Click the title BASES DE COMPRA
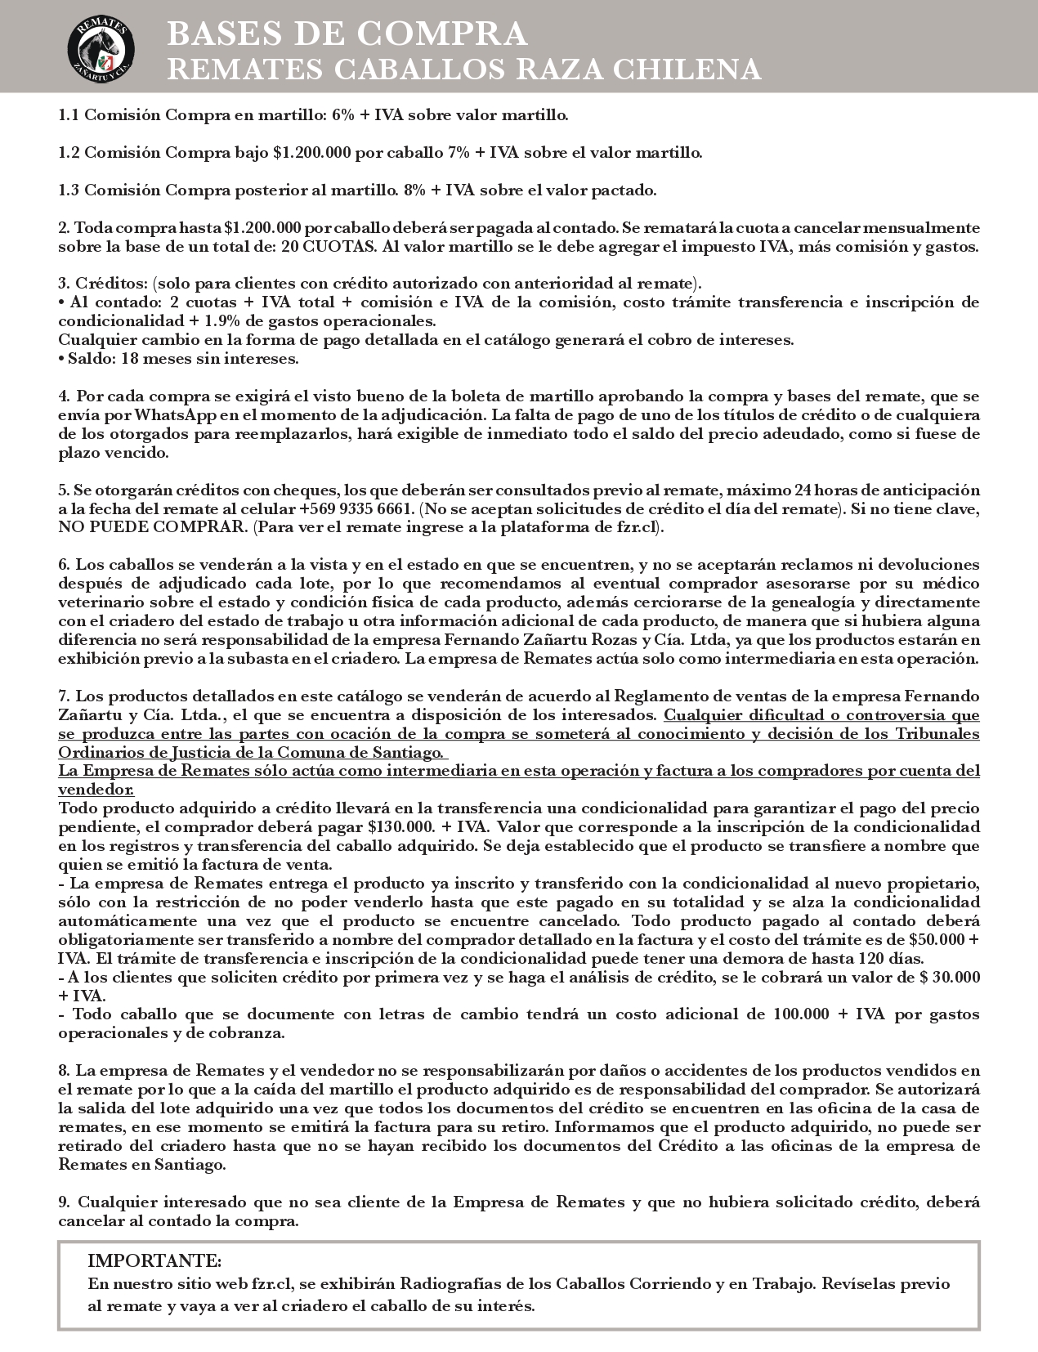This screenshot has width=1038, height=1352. tap(347, 34)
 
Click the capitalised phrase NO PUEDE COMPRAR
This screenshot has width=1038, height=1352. tap(152, 528)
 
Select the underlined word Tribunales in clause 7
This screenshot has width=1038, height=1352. tap(937, 733)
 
